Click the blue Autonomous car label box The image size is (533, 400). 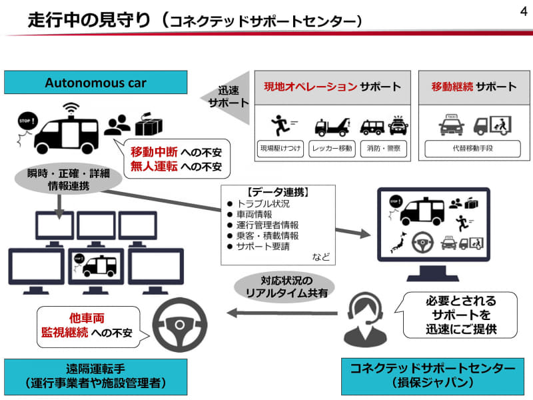click(95, 84)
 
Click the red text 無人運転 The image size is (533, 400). click(154, 166)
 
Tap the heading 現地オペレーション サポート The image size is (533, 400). click(332, 87)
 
